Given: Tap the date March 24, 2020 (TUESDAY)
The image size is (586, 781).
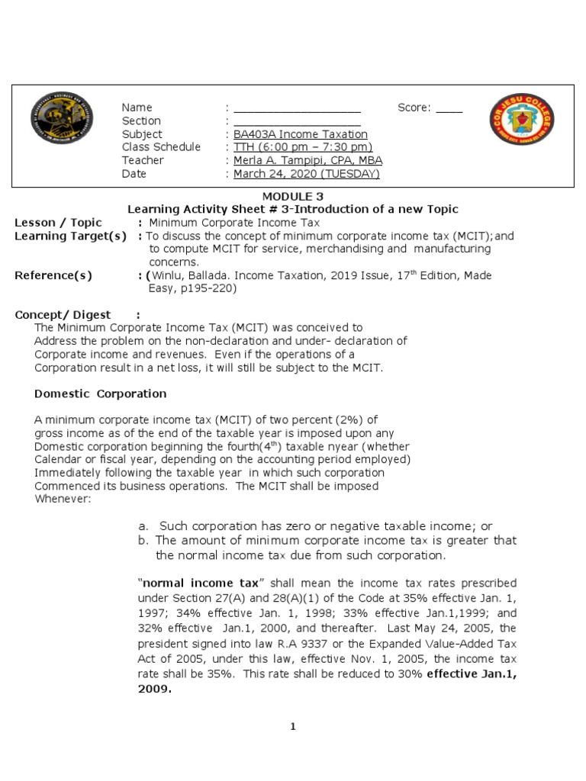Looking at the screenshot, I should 306,174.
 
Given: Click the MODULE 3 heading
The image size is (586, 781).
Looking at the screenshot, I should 293,196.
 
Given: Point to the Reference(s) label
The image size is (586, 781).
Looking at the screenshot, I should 53,275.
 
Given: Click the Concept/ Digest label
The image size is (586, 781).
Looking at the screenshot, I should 73,315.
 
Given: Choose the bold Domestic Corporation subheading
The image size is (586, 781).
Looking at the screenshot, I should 101,394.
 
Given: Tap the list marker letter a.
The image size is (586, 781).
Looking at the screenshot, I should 142,526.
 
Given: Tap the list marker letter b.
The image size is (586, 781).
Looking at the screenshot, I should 142,540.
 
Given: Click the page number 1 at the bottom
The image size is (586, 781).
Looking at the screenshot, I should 292,727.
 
